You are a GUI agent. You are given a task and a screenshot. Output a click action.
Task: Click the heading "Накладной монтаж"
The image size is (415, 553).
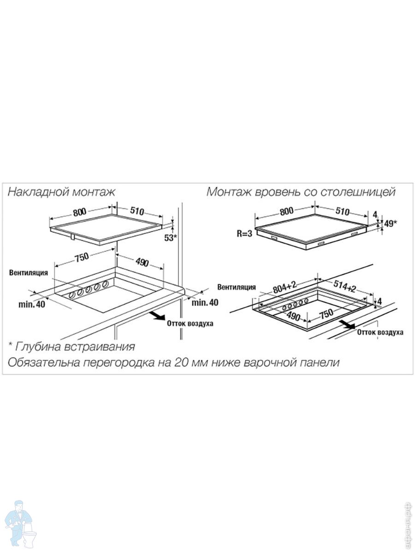(x=61, y=192)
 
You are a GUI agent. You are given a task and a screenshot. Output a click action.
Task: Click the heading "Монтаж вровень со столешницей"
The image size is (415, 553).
(x=301, y=192)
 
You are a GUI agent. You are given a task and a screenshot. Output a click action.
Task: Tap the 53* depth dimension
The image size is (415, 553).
(x=171, y=237)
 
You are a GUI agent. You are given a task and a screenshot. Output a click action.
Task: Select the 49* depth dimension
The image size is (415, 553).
(x=390, y=223)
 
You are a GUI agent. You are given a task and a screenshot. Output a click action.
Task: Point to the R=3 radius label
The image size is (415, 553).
(x=244, y=234)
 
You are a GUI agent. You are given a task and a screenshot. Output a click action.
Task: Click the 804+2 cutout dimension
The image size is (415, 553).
(x=285, y=288)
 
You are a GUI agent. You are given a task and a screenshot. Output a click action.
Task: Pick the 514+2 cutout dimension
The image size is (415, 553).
(x=344, y=287)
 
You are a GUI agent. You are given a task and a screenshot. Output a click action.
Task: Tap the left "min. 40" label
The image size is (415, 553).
(x=31, y=304)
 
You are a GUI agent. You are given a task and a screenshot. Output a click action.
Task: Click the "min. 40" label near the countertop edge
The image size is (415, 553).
(x=205, y=302)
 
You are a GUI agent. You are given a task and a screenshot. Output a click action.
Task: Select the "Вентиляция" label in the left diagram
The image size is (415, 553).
(x=29, y=273)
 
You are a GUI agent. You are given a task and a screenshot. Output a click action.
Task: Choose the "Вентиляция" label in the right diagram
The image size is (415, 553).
(x=237, y=287)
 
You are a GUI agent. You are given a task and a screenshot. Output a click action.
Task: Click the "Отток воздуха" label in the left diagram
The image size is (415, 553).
(x=190, y=323)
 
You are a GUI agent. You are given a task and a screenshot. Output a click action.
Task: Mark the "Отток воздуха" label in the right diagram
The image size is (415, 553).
(x=380, y=332)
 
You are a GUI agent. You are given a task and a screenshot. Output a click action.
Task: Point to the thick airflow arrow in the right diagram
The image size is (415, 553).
(x=347, y=324)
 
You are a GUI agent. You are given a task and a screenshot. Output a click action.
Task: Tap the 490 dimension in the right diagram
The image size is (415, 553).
(x=293, y=316)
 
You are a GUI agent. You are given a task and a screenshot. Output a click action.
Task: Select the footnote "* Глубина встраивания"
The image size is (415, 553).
(x=71, y=347)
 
